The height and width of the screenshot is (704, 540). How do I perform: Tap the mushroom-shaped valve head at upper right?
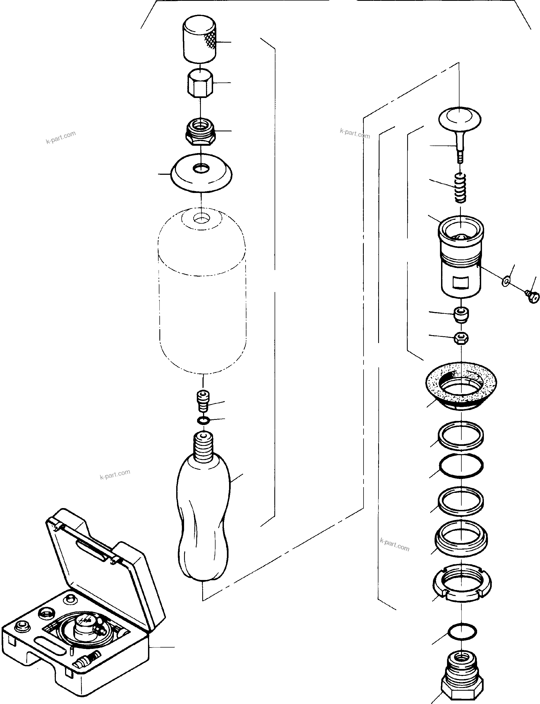(460, 118)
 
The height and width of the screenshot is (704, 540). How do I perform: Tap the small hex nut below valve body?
(461, 338)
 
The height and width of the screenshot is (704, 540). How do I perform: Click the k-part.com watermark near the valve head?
(355, 133)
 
